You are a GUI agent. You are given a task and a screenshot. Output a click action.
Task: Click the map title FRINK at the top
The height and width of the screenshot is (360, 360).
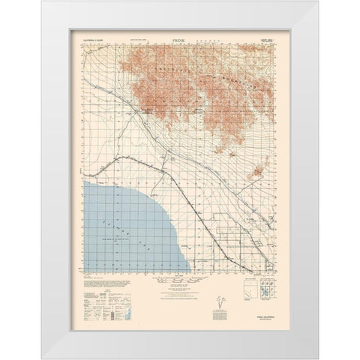[x=179, y=35]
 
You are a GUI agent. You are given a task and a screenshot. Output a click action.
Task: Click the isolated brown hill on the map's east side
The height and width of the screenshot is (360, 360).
[x=259, y=171]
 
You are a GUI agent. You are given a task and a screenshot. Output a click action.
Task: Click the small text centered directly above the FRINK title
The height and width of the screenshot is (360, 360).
[x=179, y=31]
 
